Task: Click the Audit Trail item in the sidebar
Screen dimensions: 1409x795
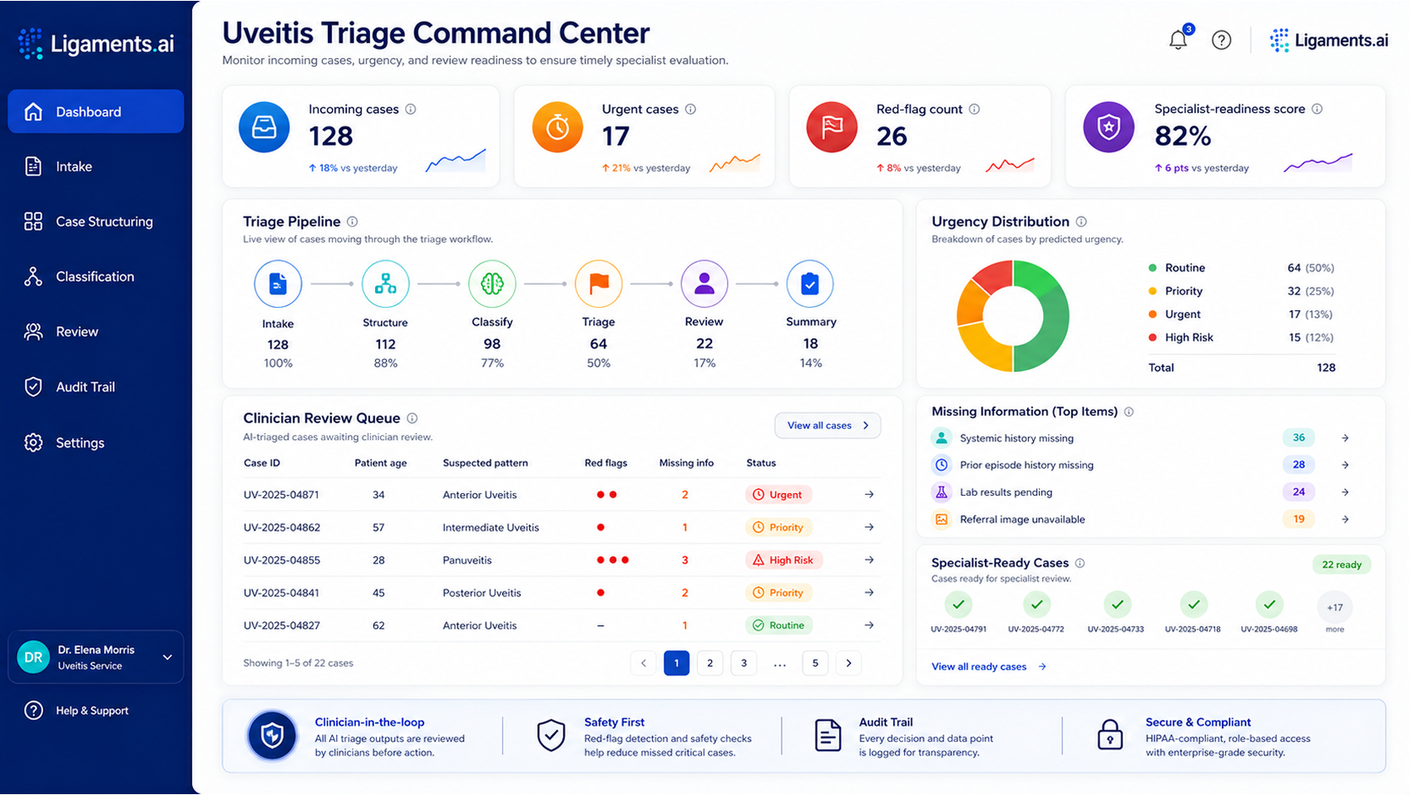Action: (85, 387)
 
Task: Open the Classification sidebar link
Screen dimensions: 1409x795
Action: (94, 277)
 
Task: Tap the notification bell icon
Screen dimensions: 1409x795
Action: (1178, 40)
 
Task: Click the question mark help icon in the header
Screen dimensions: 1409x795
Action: (1221, 40)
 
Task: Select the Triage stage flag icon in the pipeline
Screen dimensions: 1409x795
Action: (598, 284)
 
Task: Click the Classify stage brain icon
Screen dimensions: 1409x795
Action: (492, 284)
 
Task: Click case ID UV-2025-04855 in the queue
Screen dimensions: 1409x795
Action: (281, 560)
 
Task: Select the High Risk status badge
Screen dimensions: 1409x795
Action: (784, 560)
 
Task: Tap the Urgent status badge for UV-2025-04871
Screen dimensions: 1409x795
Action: (778, 494)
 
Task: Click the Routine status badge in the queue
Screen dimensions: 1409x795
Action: (779, 625)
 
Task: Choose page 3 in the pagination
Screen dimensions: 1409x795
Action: (744, 663)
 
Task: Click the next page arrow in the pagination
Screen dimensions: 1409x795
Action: (848, 663)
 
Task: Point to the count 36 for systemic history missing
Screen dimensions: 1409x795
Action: (1298, 437)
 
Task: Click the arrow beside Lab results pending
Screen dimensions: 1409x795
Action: (1345, 491)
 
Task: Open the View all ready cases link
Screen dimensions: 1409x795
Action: (988, 667)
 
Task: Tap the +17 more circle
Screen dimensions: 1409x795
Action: (1335, 607)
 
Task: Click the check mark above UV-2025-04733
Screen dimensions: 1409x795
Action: (1117, 605)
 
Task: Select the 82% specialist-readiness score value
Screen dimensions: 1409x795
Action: (1183, 136)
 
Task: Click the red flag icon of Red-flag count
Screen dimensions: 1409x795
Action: (832, 127)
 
